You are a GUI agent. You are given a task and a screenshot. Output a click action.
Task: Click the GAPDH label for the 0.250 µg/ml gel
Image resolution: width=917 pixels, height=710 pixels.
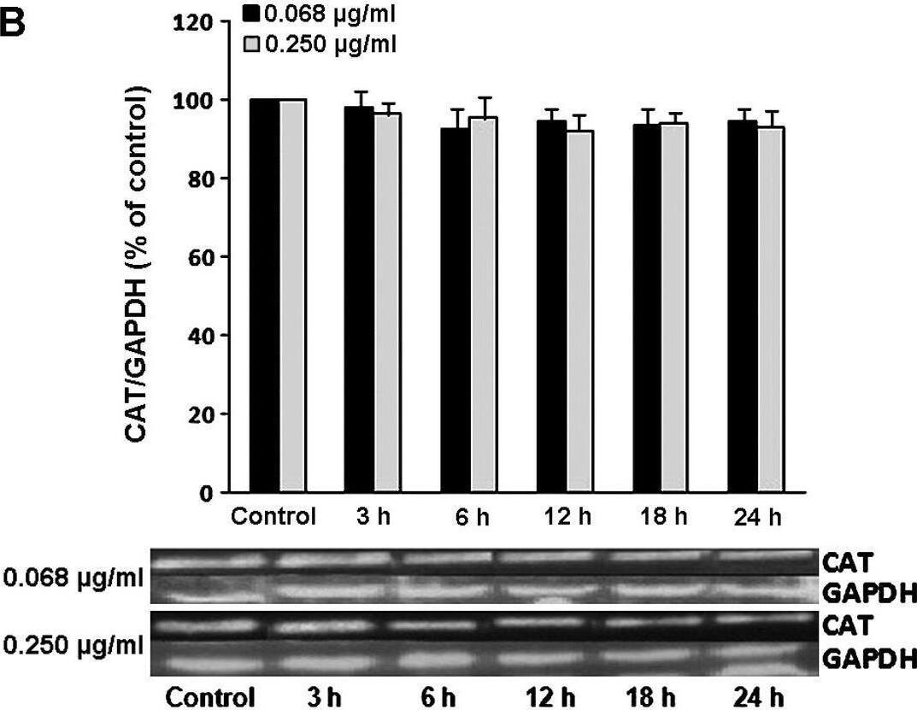click(x=868, y=659)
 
